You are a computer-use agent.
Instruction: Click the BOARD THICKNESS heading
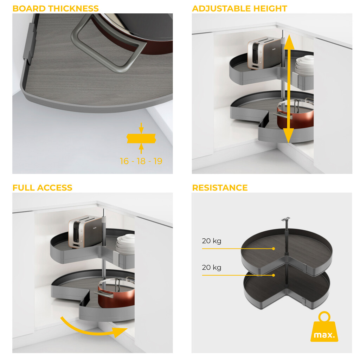tap(56, 8)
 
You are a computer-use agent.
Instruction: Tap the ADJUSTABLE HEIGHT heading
tap(239, 8)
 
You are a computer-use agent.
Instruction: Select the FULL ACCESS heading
tap(42, 188)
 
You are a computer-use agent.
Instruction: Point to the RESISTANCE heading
tap(220, 188)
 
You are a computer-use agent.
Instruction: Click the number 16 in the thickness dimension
tap(124, 161)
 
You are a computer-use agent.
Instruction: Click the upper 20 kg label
tap(212, 241)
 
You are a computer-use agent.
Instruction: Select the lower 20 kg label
tap(212, 268)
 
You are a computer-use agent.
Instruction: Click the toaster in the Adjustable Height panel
tap(264, 53)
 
